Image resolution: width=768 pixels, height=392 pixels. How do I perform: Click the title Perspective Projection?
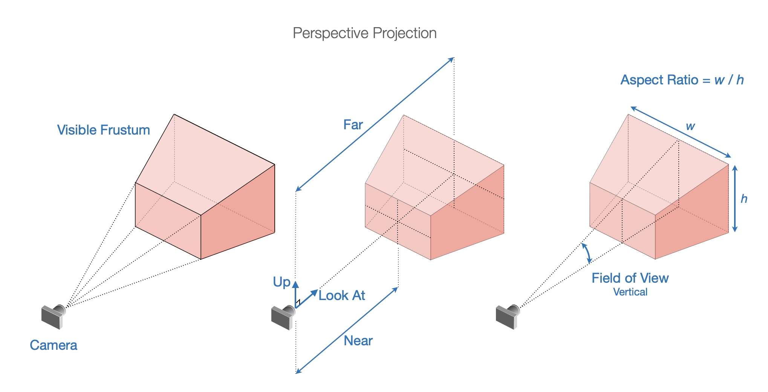(364, 33)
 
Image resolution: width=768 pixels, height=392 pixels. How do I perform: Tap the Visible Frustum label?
(104, 130)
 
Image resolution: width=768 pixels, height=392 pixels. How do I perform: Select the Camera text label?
(54, 345)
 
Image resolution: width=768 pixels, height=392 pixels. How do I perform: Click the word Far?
(353, 125)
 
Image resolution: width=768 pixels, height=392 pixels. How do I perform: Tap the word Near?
(358, 341)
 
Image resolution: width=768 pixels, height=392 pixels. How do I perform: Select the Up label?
(281, 282)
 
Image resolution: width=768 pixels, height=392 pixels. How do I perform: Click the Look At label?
(342, 296)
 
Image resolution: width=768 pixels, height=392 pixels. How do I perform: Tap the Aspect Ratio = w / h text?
(682, 80)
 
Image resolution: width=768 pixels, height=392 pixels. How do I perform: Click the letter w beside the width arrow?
(690, 126)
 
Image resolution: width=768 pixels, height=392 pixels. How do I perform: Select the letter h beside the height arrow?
(744, 199)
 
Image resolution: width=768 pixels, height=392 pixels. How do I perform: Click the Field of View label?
(630, 278)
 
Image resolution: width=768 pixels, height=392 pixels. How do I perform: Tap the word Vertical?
(630, 292)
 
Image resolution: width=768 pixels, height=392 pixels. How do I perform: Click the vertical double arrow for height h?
(735, 199)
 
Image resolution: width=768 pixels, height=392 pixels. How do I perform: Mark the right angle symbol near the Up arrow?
(298, 302)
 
